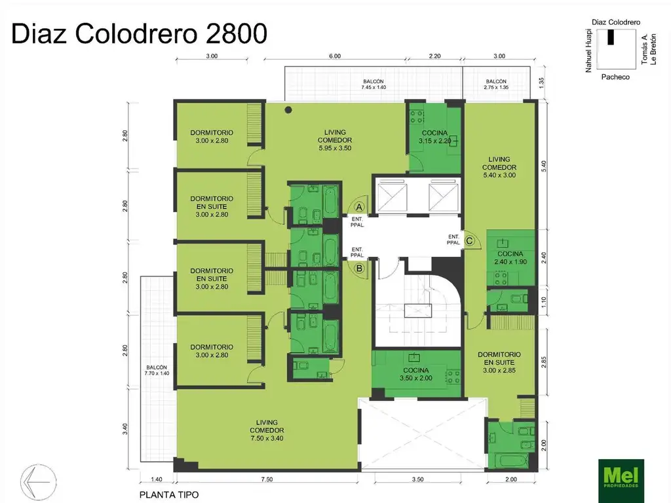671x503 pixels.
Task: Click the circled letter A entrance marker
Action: tap(359, 206)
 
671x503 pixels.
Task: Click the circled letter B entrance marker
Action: tap(359, 267)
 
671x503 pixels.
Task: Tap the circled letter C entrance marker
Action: tap(469, 240)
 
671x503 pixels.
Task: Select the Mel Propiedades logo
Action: tap(621, 480)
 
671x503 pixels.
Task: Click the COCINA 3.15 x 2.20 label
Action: tap(435, 137)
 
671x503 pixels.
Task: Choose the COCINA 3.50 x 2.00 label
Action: tap(415, 373)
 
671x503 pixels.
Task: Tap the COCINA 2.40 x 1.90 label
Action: tap(510, 257)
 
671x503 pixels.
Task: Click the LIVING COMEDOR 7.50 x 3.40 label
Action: tap(266, 430)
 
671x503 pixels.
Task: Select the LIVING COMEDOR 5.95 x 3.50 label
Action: tap(335, 140)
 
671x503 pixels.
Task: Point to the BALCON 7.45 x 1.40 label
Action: tap(374, 84)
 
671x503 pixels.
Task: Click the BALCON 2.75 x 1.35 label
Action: tap(496, 84)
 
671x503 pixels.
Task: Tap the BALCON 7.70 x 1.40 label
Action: tap(157, 371)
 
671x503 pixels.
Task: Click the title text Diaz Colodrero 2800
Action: tap(140, 33)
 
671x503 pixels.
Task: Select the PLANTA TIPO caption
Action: tap(169, 494)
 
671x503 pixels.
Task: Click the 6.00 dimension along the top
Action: tap(335, 56)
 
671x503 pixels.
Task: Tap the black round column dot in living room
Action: tap(288, 110)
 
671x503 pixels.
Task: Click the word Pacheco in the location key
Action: tap(615, 77)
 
